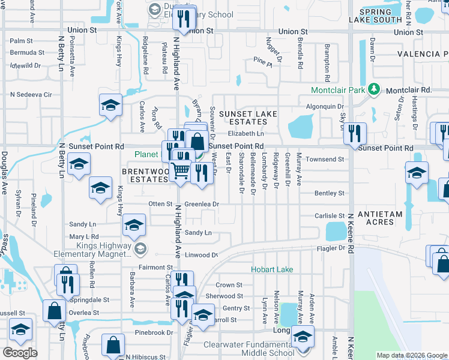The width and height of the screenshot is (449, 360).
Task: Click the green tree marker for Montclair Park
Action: [x=375, y=89]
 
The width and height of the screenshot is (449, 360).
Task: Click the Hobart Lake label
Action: [x=272, y=269]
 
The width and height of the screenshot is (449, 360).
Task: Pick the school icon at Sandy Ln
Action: [x=134, y=226]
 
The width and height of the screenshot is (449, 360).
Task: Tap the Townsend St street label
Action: [x=325, y=160]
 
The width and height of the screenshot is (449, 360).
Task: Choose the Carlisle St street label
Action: [x=330, y=215]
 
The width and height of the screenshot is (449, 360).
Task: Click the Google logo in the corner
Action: [x=20, y=352]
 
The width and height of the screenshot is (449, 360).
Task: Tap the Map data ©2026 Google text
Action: [x=411, y=355]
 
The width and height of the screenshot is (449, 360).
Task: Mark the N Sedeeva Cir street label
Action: [x=31, y=94]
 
